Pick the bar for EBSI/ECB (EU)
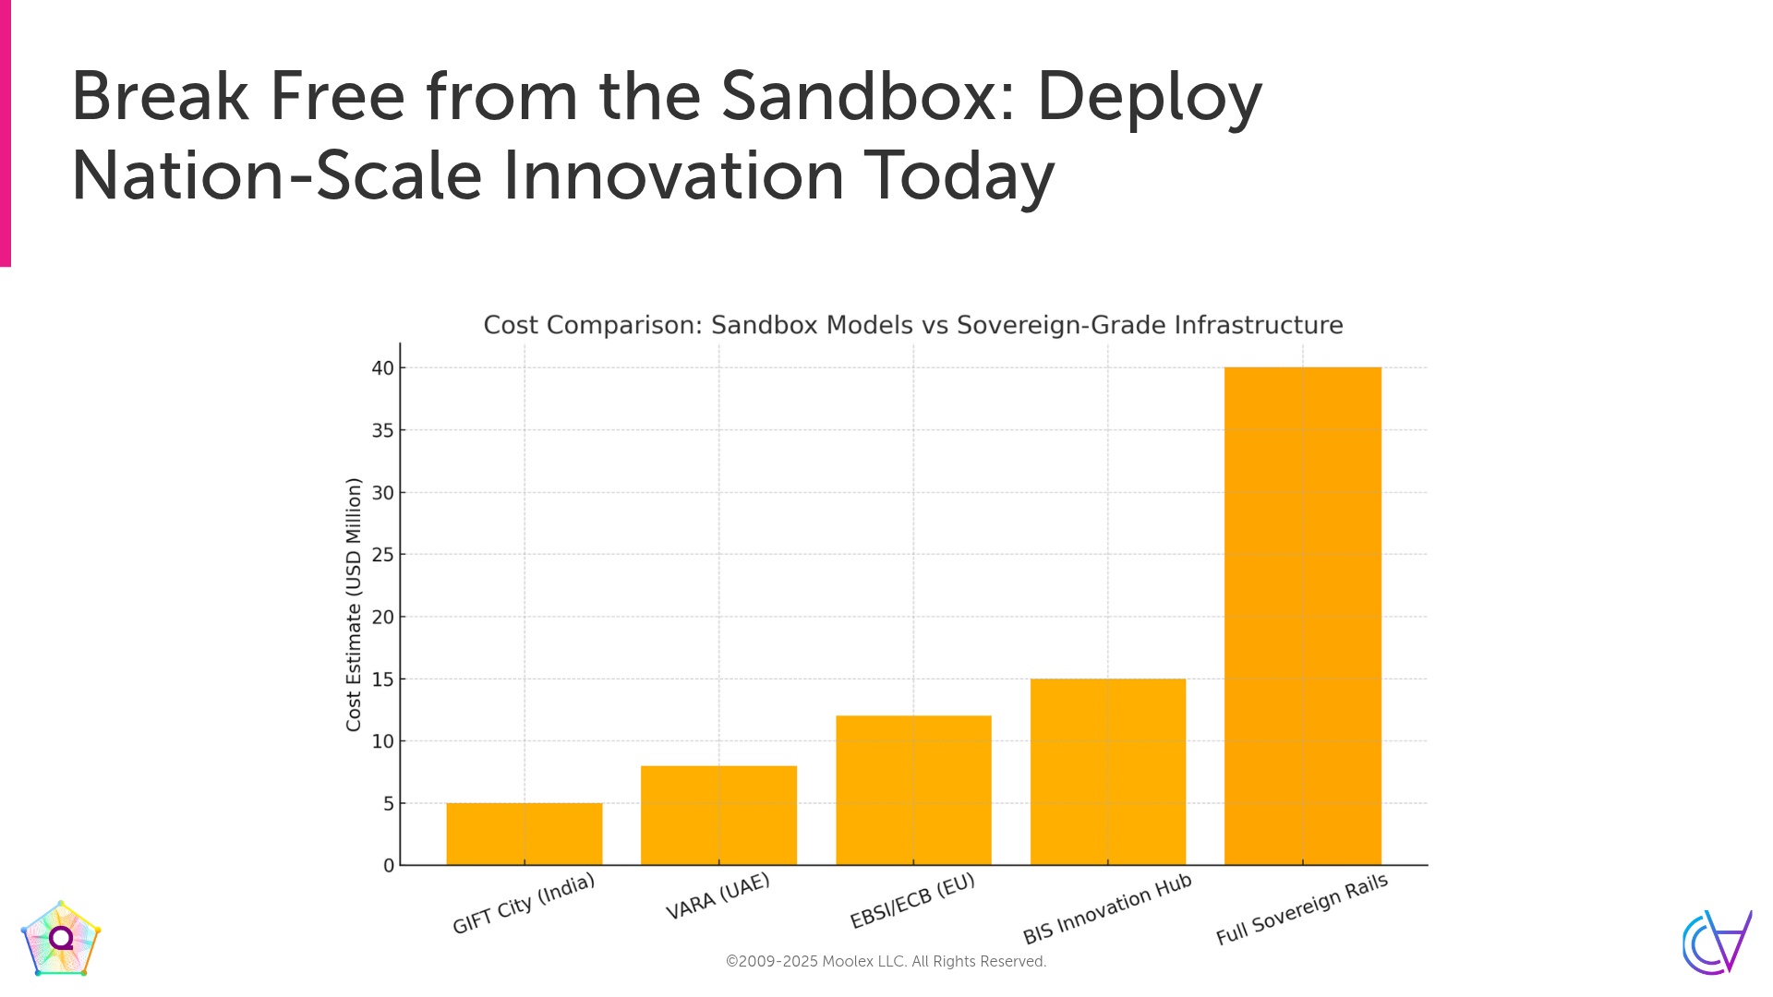913,790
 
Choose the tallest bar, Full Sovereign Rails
1303,616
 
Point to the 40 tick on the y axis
383,368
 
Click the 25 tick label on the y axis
383,555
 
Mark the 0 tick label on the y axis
389,866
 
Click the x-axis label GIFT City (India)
524,904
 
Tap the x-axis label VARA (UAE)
718,896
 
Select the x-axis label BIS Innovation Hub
1107,909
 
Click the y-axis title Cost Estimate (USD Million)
354,605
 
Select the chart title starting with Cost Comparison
913,325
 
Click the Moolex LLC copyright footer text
886,962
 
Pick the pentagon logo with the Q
61,939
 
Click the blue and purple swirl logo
1717,943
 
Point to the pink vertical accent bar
6,134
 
